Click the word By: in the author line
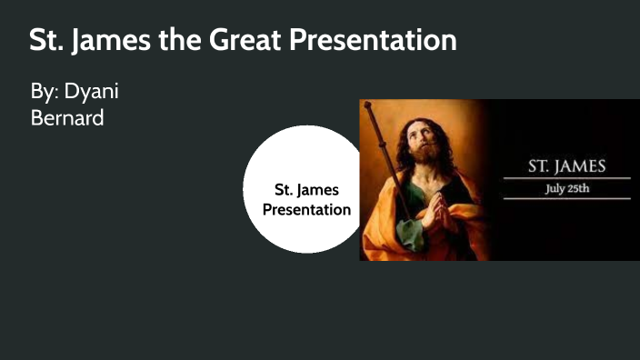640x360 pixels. (45, 93)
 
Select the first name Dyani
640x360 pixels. (92, 93)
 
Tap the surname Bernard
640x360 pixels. (67, 117)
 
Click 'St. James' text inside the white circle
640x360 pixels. (306, 190)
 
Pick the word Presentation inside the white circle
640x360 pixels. (306, 209)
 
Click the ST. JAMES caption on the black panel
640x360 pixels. (566, 168)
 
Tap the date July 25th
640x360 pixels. (567, 188)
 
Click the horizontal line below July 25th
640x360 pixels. (566, 198)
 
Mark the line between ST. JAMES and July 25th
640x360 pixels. (566, 178)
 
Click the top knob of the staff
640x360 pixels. (367, 106)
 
